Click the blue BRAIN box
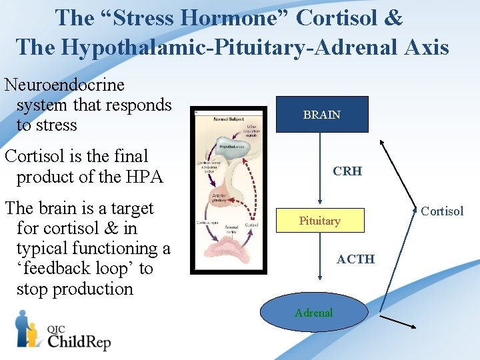[x=321, y=115]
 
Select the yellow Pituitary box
[x=320, y=221]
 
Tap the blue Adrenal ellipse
[x=313, y=313]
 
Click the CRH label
[x=347, y=171]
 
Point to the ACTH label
[x=355, y=259]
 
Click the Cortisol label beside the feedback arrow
[x=442, y=211]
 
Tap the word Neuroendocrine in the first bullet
[x=65, y=85]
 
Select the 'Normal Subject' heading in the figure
[x=229, y=119]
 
